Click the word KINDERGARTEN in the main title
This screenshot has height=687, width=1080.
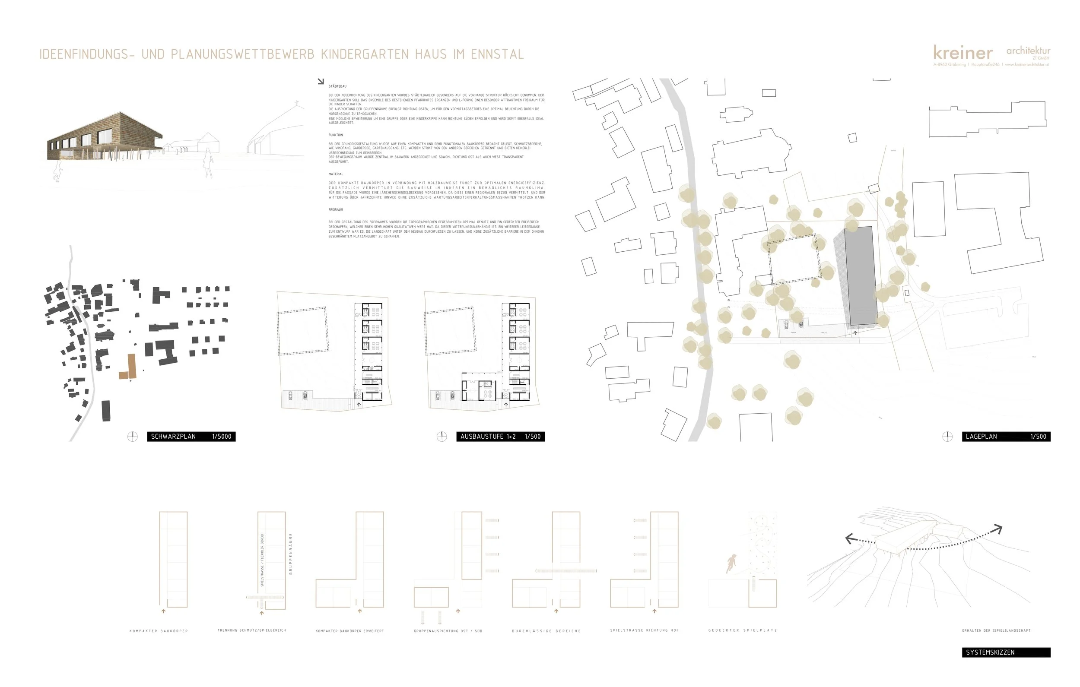(x=364, y=54)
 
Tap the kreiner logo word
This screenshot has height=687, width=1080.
(x=962, y=53)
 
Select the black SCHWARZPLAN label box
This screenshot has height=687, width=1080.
(x=191, y=436)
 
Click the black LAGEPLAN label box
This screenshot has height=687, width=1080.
(x=1006, y=436)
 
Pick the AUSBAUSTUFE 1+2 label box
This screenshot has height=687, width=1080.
(x=500, y=436)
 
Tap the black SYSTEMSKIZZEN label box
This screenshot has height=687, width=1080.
(x=1006, y=652)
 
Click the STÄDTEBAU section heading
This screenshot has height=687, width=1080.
(x=337, y=86)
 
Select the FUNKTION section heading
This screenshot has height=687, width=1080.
(x=336, y=135)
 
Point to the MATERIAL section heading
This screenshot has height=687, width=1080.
(x=336, y=174)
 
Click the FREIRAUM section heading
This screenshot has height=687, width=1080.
(x=336, y=210)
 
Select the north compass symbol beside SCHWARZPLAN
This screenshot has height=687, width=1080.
(x=132, y=436)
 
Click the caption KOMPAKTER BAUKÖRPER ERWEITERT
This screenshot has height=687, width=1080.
(x=350, y=631)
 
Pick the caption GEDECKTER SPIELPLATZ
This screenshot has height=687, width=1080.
(x=742, y=630)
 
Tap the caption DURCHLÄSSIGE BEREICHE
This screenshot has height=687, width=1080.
(x=546, y=631)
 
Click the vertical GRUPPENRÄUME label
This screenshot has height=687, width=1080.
(x=291, y=554)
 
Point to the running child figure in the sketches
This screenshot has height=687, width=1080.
(x=731, y=563)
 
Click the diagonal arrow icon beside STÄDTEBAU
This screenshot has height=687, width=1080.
(x=320, y=82)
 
